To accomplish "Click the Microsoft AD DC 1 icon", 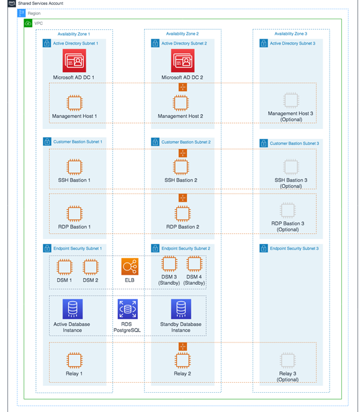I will tap(74, 61).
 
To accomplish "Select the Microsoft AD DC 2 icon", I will tap(182, 61).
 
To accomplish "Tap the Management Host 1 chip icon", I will tap(74, 102).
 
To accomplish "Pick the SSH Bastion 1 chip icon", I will tap(74, 166).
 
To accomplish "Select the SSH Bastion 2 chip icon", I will tap(182, 166).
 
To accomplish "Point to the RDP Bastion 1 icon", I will tap(74, 213).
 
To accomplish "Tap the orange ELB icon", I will tap(130, 267).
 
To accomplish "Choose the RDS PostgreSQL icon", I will tap(127, 308).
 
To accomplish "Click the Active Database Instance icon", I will tap(73, 308).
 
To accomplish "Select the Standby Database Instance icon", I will tap(181, 308).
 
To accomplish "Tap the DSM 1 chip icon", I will tap(64, 267).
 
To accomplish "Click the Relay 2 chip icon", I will tap(182, 360).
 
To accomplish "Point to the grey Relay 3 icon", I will tap(287, 360).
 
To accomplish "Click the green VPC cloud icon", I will tap(28, 23).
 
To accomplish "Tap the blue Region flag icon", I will tap(21, 13).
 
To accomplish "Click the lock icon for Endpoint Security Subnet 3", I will tap(264, 248).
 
